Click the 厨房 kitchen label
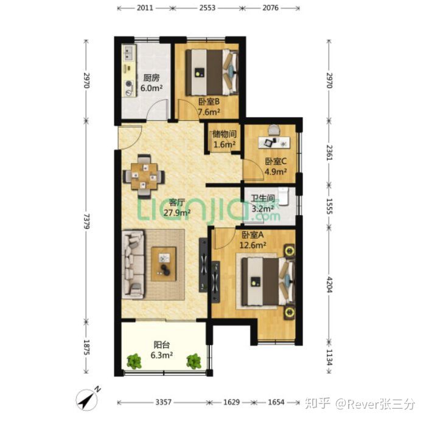(152, 78)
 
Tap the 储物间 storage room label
(223, 134)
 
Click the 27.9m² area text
(176, 213)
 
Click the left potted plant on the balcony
(134, 361)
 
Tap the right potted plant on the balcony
(194, 361)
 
